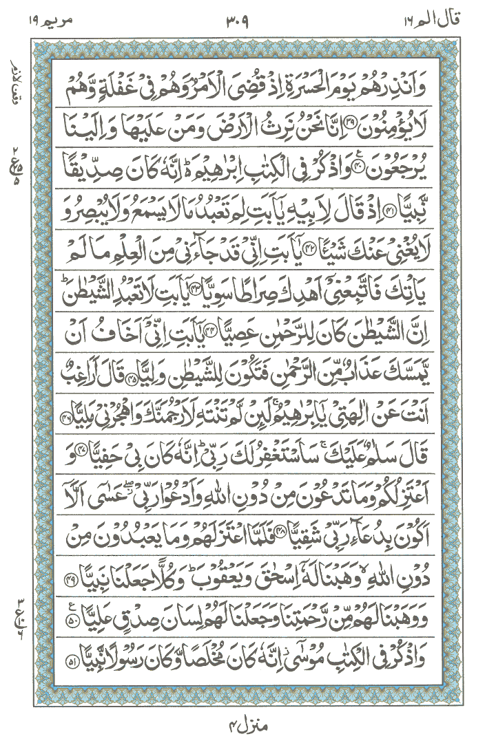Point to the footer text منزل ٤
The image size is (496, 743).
click(246, 726)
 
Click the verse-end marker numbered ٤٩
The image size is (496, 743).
click(65, 561)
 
